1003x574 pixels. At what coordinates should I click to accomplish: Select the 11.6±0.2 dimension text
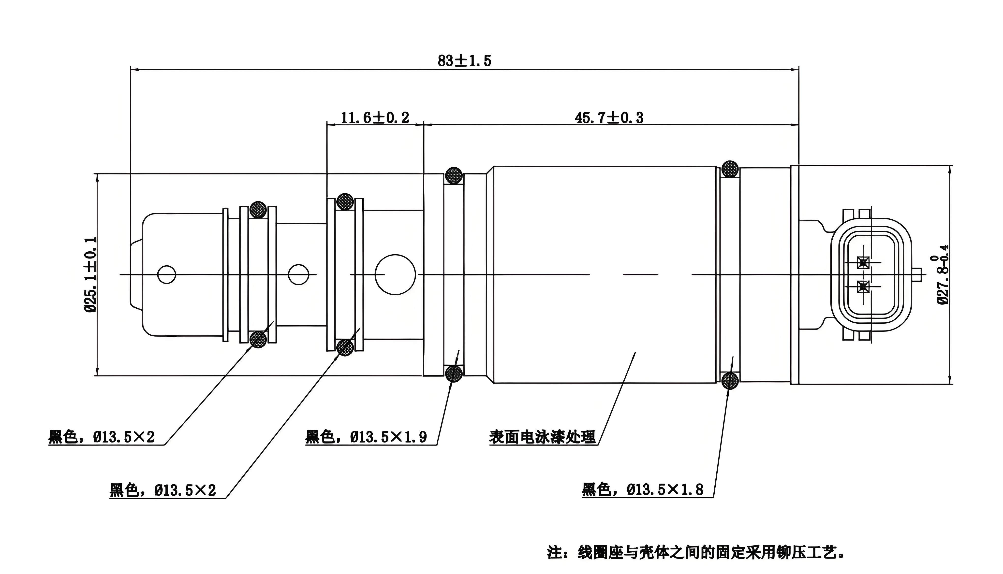375,117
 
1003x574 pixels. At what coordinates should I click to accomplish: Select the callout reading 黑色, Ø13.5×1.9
366,437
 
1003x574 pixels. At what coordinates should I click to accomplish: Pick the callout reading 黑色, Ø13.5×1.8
643,490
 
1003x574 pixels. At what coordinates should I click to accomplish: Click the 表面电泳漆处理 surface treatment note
542,437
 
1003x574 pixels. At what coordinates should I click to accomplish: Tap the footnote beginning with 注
696,552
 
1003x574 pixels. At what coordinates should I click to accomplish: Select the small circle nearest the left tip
166,274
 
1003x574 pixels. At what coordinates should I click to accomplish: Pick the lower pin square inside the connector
863,287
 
